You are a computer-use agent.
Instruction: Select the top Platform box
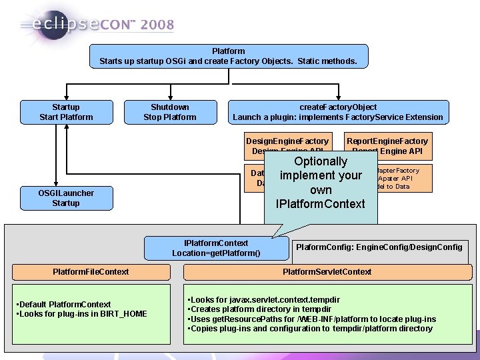click(229, 56)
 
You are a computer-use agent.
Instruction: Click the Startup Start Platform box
click(66, 112)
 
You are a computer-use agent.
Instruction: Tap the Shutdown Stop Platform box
click(170, 112)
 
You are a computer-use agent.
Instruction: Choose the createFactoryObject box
click(337, 112)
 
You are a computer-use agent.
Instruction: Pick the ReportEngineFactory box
click(387, 146)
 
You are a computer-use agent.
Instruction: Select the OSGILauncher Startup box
click(66, 198)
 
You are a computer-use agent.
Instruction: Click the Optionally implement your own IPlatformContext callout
click(321, 182)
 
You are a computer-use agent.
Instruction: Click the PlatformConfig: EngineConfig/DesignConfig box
click(379, 247)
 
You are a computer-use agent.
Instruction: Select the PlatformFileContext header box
click(91, 272)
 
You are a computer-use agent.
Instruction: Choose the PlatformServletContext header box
click(327, 272)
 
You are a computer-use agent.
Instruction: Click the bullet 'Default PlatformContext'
click(63, 305)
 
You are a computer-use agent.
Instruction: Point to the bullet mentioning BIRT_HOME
click(82, 314)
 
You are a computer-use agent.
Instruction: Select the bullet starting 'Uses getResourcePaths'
click(313, 319)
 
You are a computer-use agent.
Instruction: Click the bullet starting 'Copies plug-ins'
click(311, 329)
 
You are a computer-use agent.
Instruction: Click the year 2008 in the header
click(157, 25)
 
